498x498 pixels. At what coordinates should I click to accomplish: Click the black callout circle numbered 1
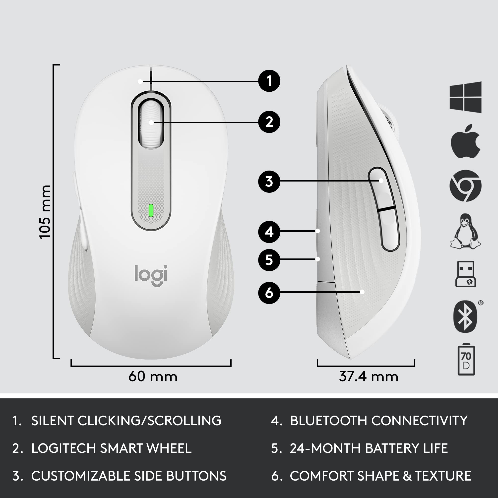coord(269,81)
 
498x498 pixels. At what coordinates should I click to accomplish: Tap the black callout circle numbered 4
coord(269,232)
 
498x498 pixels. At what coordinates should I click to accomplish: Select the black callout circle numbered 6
coord(269,293)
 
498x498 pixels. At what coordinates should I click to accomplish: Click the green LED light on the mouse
coord(151,210)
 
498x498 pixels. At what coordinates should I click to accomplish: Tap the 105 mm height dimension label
coord(45,212)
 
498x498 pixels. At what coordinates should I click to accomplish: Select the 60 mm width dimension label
coord(153,376)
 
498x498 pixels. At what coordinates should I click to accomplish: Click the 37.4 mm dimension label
coord(369,376)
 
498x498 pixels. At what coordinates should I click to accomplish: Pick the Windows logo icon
coord(466,97)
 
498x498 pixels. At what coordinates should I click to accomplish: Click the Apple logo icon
coord(466,141)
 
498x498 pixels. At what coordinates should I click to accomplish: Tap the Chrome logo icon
coord(466,186)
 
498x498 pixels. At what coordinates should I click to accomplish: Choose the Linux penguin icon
coord(466,232)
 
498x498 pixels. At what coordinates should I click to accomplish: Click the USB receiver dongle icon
coord(466,274)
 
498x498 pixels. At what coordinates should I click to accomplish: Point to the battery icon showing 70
coord(466,360)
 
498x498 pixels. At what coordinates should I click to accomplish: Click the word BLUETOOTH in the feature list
coord(328,421)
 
